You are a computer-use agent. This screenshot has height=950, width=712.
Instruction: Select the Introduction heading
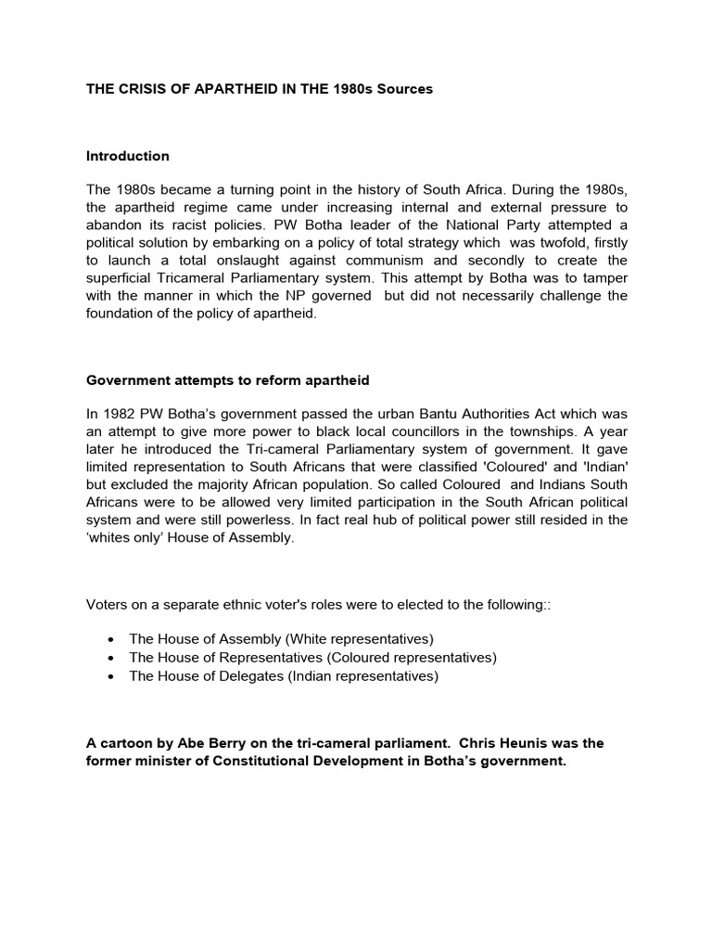[x=128, y=156]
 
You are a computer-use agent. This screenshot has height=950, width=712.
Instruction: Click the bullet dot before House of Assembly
[x=111, y=640]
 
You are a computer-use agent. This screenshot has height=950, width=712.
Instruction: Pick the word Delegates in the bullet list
[x=248, y=676]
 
